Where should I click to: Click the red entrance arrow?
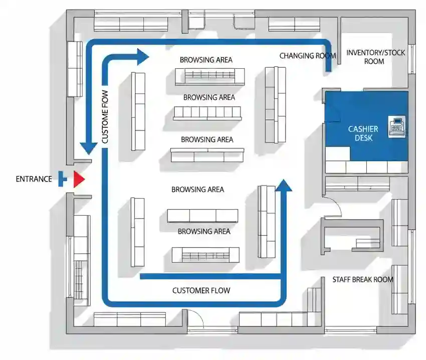79,179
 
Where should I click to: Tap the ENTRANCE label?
34,179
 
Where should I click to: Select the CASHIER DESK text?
363,133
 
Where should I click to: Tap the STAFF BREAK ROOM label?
363,279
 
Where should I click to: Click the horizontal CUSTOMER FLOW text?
201,290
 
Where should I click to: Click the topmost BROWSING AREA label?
206,60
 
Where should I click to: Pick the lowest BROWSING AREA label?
204,232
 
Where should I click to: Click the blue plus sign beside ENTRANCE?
62,178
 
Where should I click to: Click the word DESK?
363,138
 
